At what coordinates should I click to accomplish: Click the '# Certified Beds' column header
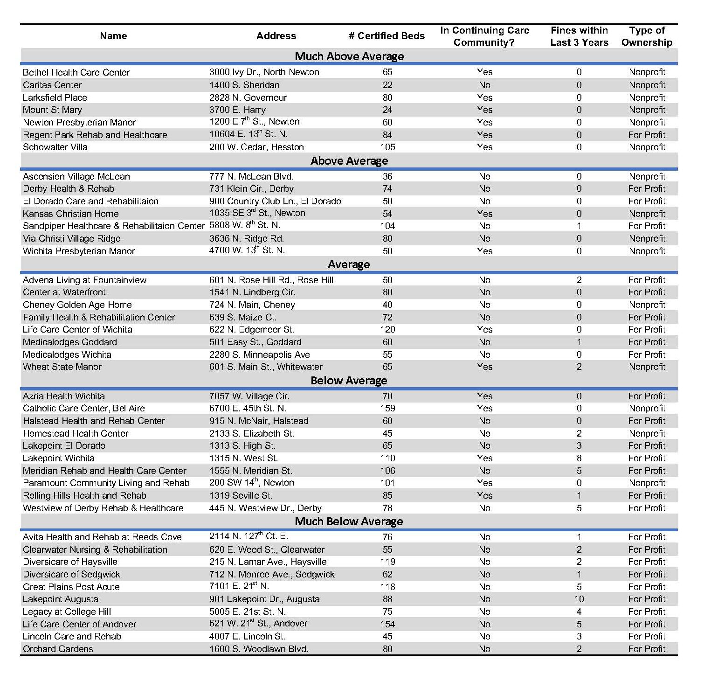pyautogui.click(x=387, y=36)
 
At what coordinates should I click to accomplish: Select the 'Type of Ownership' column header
pyautogui.click(x=647, y=36)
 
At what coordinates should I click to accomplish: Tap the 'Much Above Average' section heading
pyautogui.click(x=349, y=56)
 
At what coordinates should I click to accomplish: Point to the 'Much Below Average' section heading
pyautogui.click(x=349, y=521)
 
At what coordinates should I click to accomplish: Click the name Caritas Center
pyautogui.click(x=52, y=85)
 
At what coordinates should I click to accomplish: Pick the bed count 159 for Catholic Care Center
pyautogui.click(x=387, y=408)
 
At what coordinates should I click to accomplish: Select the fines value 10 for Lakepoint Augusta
pyautogui.click(x=579, y=599)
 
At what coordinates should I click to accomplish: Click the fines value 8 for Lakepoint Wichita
pyautogui.click(x=579, y=458)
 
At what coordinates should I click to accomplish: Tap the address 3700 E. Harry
pyautogui.click(x=237, y=110)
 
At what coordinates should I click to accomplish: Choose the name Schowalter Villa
pyautogui.click(x=55, y=147)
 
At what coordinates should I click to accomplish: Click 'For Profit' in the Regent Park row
pyautogui.click(x=647, y=135)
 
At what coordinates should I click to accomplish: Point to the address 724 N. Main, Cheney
pyautogui.click(x=252, y=305)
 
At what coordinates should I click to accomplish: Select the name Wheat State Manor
pyautogui.click(x=62, y=367)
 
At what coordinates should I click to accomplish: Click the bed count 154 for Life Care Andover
pyautogui.click(x=387, y=624)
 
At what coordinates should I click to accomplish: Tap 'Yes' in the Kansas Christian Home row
pyautogui.click(x=485, y=214)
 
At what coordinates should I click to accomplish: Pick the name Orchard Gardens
pyautogui.click(x=58, y=649)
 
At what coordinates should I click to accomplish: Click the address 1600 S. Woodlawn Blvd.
pyautogui.click(x=259, y=649)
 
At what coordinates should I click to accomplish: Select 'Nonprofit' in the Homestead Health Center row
pyautogui.click(x=647, y=433)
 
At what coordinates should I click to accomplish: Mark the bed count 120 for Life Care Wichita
pyautogui.click(x=387, y=329)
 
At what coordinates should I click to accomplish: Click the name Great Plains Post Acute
pyautogui.click(x=71, y=587)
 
